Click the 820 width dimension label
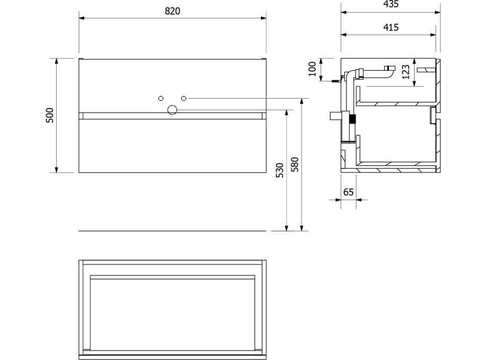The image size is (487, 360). point(172,11)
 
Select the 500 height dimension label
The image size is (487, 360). point(50,115)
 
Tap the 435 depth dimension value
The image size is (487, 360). point(391,4)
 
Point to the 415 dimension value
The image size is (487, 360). point(391,27)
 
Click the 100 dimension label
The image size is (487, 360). point(312,69)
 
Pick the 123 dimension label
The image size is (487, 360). point(406,72)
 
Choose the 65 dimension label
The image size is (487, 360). point(348,192)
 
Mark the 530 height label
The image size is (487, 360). point(280,170)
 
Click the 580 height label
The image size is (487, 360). point(295,165)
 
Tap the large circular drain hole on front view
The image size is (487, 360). point(172,110)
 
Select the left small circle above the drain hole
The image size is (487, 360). point(161,99)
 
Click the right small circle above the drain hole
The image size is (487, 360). point(184,99)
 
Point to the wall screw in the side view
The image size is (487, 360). point(337,80)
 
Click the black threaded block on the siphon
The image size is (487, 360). point(352,120)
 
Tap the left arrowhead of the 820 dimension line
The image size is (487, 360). point(82,18)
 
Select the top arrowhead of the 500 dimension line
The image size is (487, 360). point(57,61)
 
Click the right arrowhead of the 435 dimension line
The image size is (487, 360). point(438,13)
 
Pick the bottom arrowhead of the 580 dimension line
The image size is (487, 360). point(302,228)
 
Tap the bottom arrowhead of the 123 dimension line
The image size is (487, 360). point(415,83)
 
